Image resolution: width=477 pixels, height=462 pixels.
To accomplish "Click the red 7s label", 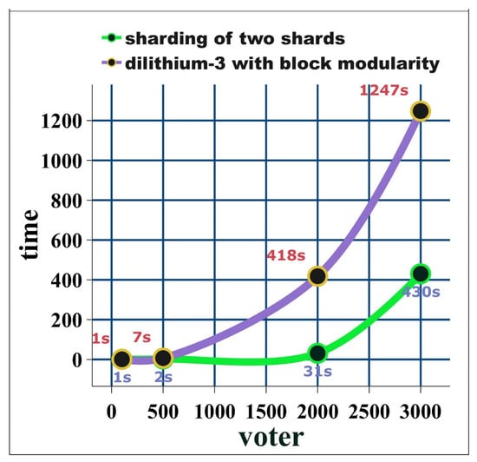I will pyautogui.click(x=140, y=336).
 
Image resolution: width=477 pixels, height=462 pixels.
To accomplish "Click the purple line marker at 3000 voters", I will pyautogui.click(x=421, y=111).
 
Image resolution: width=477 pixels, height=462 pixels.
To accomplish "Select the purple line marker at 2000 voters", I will pyautogui.click(x=317, y=276).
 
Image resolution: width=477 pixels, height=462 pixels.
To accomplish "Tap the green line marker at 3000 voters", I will pyautogui.click(x=421, y=274).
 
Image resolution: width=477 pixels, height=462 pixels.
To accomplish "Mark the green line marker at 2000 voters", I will pyautogui.click(x=317, y=353).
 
